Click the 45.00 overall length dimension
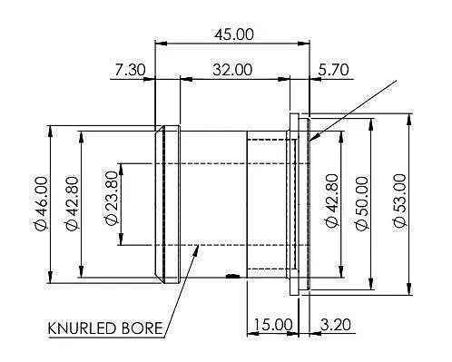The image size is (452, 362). point(234,34)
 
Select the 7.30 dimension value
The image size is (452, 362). point(130,70)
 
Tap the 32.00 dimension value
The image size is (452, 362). point(232,70)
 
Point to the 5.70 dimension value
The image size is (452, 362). point(333,70)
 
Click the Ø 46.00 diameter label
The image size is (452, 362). point(42,203)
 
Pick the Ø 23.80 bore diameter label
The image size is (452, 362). point(112,199)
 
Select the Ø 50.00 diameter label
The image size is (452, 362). point(362,203)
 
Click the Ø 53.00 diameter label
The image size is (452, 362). point(400,201)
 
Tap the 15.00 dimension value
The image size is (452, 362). point(273,325)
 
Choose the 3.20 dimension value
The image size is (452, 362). point(336,325)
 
